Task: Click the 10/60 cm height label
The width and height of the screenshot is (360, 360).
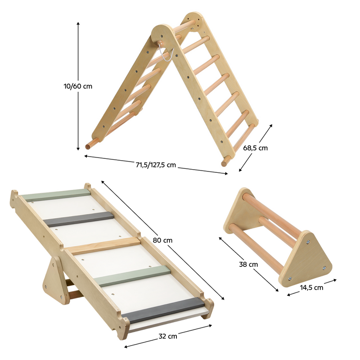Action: (78, 86)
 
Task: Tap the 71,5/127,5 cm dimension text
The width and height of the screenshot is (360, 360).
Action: (156, 165)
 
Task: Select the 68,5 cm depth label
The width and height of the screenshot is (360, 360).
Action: (255, 148)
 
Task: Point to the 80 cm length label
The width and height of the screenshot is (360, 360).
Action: (162, 240)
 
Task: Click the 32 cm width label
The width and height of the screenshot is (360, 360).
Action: (168, 336)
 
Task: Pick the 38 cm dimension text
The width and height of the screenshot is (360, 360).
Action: (248, 265)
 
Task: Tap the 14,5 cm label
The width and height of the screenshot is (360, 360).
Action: (311, 288)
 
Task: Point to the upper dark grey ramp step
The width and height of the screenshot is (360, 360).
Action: (78, 219)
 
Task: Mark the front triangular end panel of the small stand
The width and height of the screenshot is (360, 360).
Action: (305, 259)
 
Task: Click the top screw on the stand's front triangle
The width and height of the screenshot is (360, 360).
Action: (308, 242)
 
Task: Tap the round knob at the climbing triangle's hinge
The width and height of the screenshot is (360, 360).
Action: (161, 43)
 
